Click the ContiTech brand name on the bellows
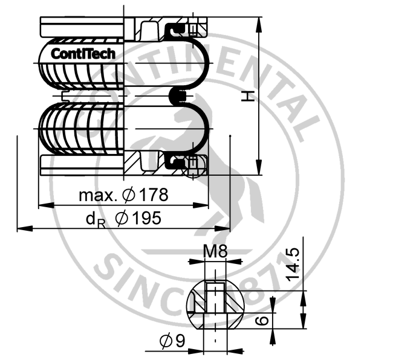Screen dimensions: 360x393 83,53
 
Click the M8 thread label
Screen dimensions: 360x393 215,252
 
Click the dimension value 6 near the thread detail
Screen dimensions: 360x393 262,321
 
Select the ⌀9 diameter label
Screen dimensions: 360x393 173,342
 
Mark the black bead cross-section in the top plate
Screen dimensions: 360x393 176,30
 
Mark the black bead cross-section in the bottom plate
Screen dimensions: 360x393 176,160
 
